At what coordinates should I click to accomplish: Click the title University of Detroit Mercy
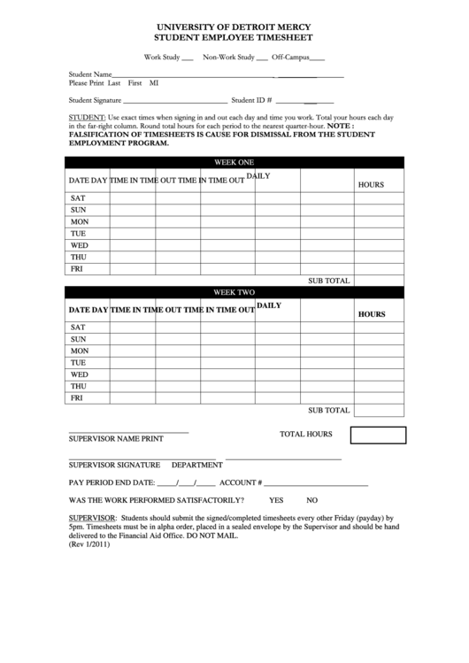click(x=234, y=27)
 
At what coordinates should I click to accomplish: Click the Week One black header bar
click(x=234, y=162)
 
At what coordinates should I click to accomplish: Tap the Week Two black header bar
click(x=234, y=292)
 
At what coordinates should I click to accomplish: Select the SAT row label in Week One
click(x=78, y=197)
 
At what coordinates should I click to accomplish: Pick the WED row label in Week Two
click(x=79, y=374)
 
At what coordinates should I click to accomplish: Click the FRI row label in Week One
click(x=77, y=268)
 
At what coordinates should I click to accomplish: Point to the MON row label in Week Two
click(x=79, y=351)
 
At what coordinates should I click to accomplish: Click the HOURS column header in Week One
click(x=371, y=185)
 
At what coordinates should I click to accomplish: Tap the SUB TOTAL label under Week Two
click(x=328, y=411)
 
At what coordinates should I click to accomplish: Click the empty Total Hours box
click(x=378, y=435)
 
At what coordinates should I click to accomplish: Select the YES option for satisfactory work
click(x=276, y=500)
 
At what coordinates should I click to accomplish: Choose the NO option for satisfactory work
click(x=311, y=500)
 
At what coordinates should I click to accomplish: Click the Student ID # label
click(x=251, y=101)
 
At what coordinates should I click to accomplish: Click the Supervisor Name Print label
click(x=115, y=438)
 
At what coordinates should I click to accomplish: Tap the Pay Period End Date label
click(x=111, y=482)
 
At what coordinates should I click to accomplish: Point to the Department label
click(x=196, y=464)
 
